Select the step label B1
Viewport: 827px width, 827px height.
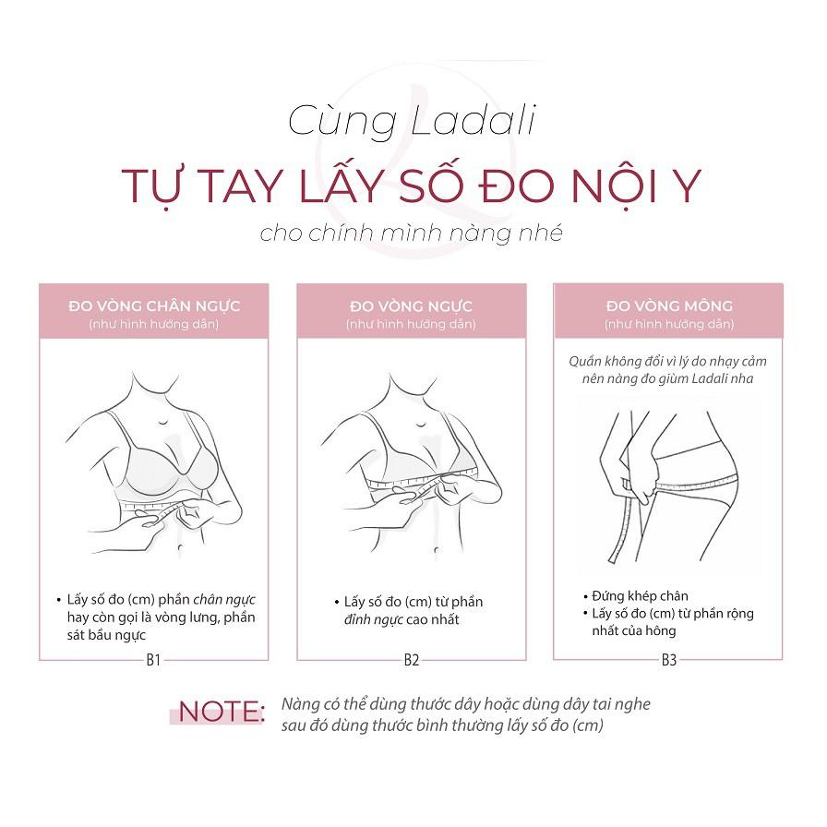(x=153, y=660)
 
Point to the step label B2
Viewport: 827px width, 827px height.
(x=412, y=660)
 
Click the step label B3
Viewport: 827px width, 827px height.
(x=669, y=660)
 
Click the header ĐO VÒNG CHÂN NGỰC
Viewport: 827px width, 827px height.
(x=154, y=306)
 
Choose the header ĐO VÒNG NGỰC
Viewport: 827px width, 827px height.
(x=412, y=306)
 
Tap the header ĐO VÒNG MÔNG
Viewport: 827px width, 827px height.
(x=669, y=306)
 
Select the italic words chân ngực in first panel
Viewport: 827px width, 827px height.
(x=224, y=600)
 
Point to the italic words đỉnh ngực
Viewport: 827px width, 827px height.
(x=374, y=619)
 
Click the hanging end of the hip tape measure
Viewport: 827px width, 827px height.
(x=612, y=558)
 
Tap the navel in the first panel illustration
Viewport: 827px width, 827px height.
(x=180, y=549)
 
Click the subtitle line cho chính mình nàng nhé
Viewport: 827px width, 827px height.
(x=412, y=234)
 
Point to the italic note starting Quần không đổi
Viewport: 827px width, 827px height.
(x=667, y=370)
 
